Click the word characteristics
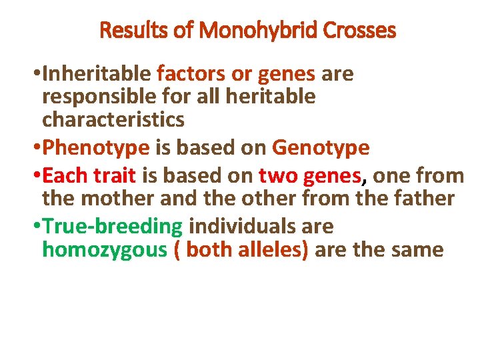click(113, 120)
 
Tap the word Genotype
click(321, 147)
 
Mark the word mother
click(111, 199)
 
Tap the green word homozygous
click(103, 250)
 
